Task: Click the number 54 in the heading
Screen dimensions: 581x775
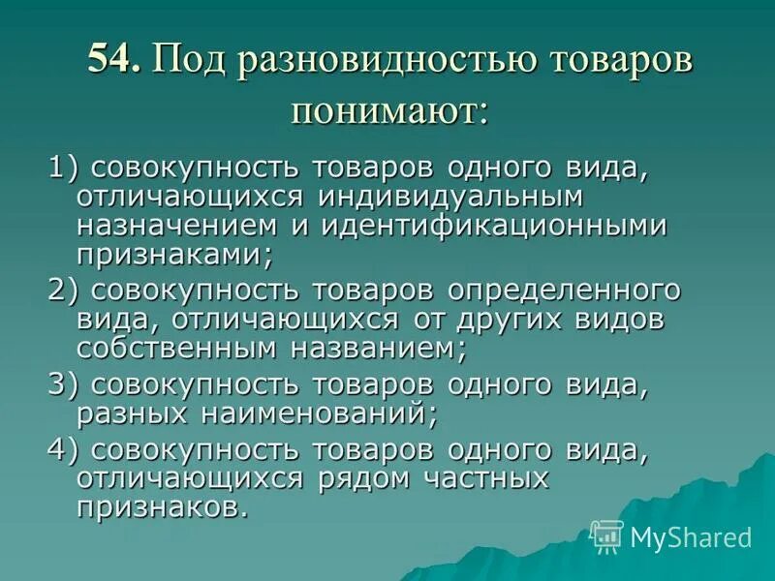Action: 113,64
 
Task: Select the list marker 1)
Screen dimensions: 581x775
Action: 65,166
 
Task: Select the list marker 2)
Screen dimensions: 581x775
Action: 65,291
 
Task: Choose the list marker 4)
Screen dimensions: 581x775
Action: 65,450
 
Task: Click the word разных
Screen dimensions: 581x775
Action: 137,415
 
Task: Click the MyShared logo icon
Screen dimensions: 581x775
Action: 607,535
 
